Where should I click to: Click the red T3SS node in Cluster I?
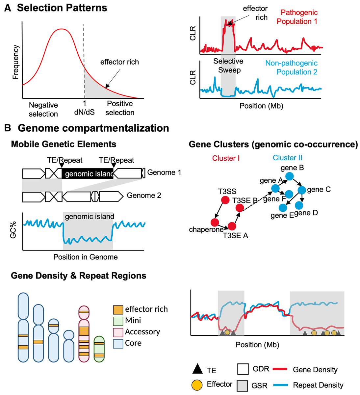click(225, 200)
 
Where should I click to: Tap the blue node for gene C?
click(302, 190)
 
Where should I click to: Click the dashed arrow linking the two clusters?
click(257, 198)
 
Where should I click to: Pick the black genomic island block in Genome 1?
click(88, 173)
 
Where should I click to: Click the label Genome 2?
click(144, 196)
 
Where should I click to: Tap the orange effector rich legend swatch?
click(118, 309)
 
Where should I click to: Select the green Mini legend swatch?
click(118, 321)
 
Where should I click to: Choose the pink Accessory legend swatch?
click(118, 332)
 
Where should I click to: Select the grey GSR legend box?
click(243, 385)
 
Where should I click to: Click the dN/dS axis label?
click(85, 112)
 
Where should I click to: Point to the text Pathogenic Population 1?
click(297, 17)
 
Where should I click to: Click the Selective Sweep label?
click(228, 66)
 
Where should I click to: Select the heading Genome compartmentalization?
click(93, 128)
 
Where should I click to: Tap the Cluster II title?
click(288, 158)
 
